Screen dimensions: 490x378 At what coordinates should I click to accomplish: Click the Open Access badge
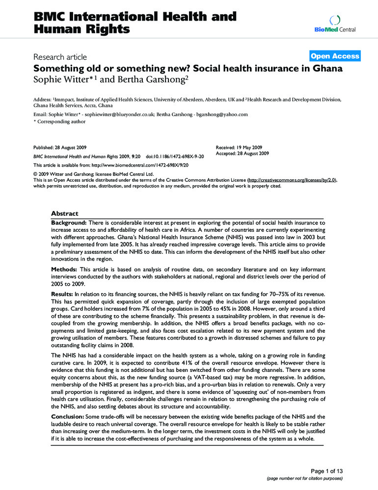tap(335, 56)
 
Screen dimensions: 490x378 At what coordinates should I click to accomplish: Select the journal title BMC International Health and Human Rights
tap(135, 23)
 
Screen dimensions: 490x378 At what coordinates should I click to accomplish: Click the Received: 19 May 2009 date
tap(240, 147)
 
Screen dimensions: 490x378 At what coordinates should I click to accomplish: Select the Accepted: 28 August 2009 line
tap(243, 153)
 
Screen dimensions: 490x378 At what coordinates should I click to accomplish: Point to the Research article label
tap(60, 58)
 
